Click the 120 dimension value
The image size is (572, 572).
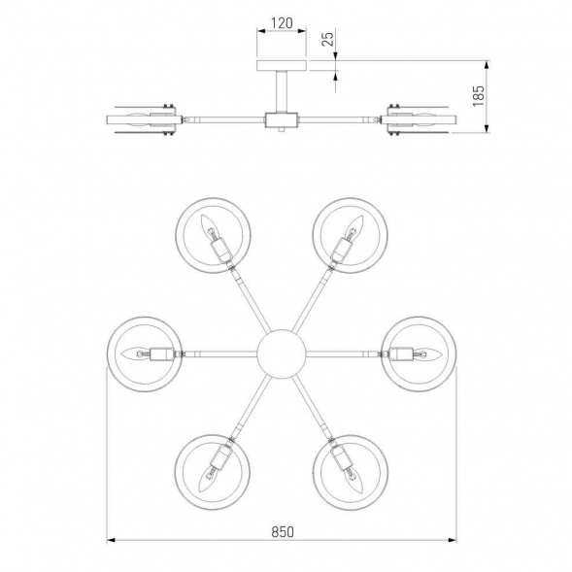(x=282, y=23)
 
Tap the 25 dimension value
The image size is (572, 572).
(x=328, y=39)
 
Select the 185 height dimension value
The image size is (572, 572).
(x=478, y=95)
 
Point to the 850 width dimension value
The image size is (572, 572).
(x=283, y=532)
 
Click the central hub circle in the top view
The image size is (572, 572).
(x=281, y=353)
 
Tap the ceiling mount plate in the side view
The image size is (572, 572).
(x=281, y=65)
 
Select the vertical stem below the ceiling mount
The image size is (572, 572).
(x=281, y=91)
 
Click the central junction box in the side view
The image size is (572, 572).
(x=282, y=120)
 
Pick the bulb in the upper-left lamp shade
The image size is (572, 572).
(x=208, y=224)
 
